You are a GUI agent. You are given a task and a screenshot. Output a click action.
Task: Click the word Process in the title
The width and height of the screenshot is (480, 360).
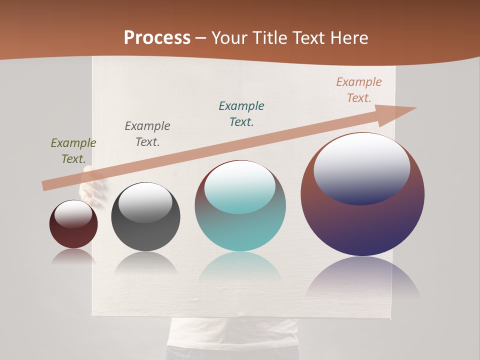(x=157, y=38)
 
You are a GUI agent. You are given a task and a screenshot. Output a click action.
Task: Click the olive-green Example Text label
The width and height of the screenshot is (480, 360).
(x=73, y=151)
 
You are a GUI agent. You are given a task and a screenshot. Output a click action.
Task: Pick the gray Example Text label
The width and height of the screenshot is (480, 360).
(x=147, y=134)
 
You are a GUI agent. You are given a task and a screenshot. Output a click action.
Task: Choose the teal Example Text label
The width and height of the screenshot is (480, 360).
(x=241, y=114)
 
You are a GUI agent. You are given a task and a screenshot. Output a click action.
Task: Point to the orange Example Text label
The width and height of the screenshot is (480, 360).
(x=359, y=90)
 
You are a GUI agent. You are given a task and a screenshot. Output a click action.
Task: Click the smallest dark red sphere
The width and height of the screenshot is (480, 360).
(x=73, y=235)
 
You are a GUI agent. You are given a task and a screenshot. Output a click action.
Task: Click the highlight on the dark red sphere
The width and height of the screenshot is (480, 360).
(x=73, y=213)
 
